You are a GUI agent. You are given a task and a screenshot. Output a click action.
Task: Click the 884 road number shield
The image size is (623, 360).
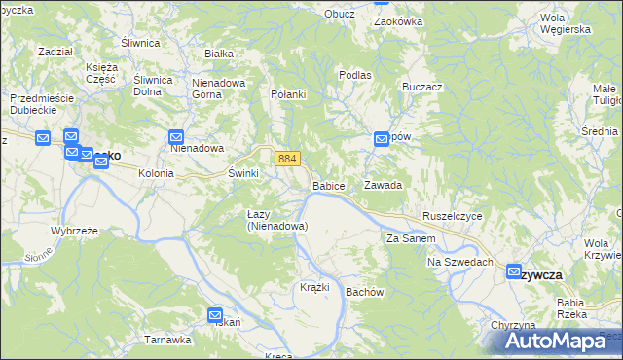[x=286, y=158]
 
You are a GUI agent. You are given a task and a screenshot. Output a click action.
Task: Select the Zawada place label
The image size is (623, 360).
[x=383, y=184]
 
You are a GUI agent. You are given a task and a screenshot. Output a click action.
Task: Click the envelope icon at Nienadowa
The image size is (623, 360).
[x=176, y=138]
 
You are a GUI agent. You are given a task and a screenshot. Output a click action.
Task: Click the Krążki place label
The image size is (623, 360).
[x=314, y=287]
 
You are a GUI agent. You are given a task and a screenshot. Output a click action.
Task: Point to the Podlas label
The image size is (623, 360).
[x=355, y=75]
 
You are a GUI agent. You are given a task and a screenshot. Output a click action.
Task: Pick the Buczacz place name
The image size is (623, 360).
[x=421, y=87]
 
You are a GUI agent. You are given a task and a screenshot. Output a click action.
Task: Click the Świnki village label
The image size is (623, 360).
[x=242, y=173]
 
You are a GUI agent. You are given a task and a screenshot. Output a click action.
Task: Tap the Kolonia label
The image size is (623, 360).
[x=156, y=173]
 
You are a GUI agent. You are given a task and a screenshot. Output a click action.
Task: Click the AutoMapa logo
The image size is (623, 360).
[x=554, y=342]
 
